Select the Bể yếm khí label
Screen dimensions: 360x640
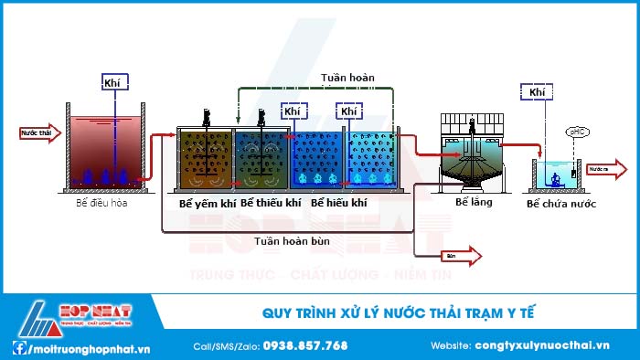pyautogui.click(x=207, y=203)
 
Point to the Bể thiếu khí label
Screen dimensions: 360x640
pyautogui.click(x=271, y=203)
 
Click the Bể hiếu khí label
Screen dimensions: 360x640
pyautogui.click(x=339, y=203)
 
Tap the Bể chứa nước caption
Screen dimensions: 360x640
pyautogui.click(x=561, y=203)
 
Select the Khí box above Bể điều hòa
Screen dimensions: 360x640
pyautogui.click(x=115, y=81)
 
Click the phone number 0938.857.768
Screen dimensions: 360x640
pyautogui.click(x=304, y=345)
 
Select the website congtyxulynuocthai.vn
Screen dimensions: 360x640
pyautogui.click(x=542, y=345)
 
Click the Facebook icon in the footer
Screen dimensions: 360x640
pyautogui.click(x=18, y=346)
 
